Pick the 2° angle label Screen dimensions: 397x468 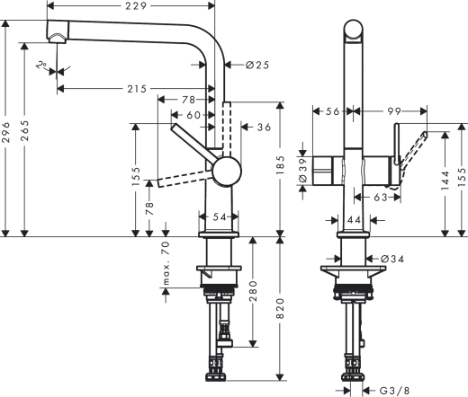(42, 66)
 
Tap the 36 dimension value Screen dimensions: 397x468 (264, 128)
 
